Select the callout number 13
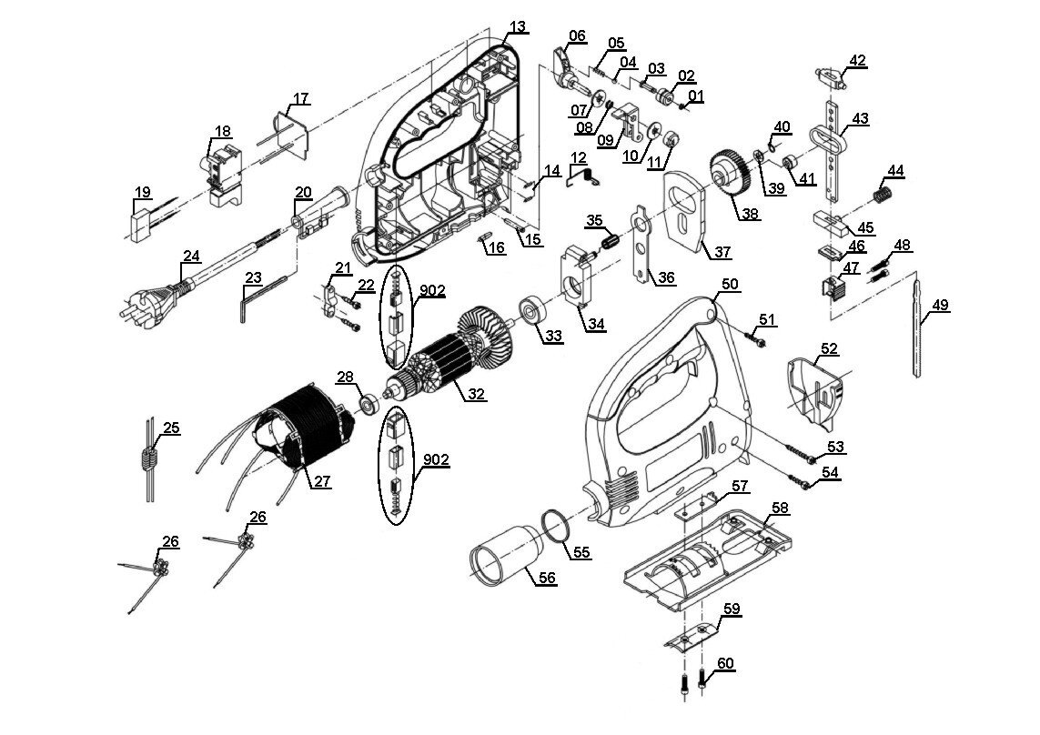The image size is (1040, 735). [x=518, y=26]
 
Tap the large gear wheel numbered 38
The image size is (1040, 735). [x=731, y=174]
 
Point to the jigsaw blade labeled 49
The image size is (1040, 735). [x=917, y=327]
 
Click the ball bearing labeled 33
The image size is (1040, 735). [x=533, y=311]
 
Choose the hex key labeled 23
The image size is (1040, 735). [x=260, y=298]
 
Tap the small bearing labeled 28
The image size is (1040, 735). [x=367, y=403]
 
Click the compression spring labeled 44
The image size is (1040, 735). [x=881, y=196]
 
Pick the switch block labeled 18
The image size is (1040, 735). [x=222, y=171]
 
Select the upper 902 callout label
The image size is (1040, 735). [x=431, y=290]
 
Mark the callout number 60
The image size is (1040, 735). [x=725, y=663]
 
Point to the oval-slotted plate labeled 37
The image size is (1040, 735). [x=686, y=210]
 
